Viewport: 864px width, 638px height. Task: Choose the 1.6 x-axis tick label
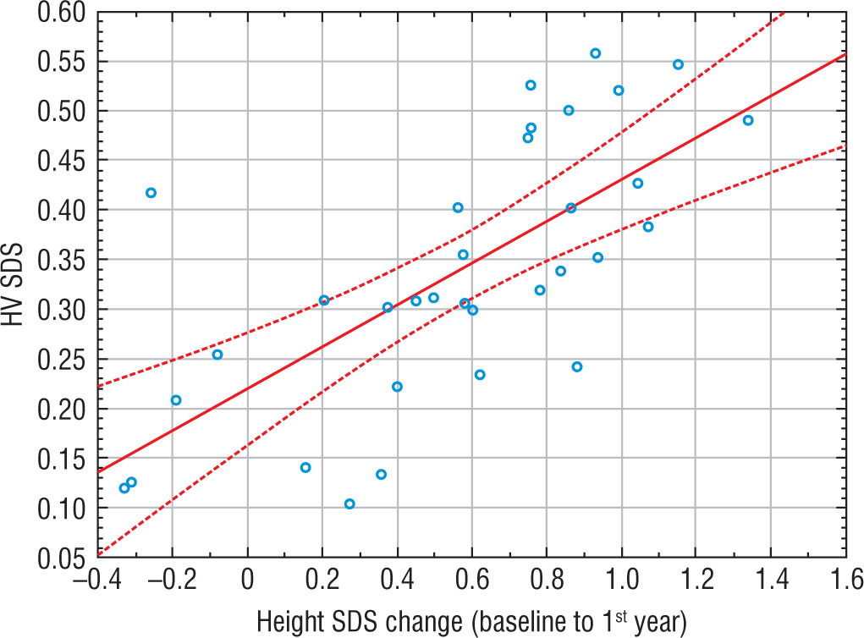[846, 581]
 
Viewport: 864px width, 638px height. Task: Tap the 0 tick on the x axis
[247, 581]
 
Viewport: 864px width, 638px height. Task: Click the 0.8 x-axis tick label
[546, 581]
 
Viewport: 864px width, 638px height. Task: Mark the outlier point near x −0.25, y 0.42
[151, 193]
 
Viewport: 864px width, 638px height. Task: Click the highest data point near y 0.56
[595, 53]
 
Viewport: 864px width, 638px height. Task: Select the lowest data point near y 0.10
[349, 504]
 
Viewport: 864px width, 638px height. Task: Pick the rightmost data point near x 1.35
[748, 120]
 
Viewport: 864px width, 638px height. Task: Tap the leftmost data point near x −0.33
[124, 488]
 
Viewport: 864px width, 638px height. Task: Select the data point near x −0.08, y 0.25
[217, 355]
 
